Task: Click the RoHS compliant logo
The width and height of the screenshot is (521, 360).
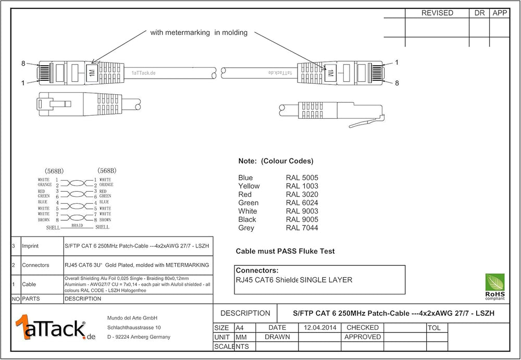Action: pyautogui.click(x=495, y=287)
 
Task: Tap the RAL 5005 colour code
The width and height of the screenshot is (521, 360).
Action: pyautogui.click(x=302, y=178)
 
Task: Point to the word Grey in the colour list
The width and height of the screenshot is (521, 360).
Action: pyautogui.click(x=246, y=228)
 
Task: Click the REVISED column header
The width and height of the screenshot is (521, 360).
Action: pyautogui.click(x=437, y=13)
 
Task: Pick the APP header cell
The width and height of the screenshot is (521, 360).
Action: pyautogui.click(x=500, y=13)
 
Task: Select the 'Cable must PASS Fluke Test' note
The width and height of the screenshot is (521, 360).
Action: pyautogui.click(x=285, y=251)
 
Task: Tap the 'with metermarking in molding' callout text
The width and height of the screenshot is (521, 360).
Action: pyautogui.click(x=199, y=32)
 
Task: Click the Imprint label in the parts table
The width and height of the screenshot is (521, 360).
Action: pyautogui.click(x=32, y=246)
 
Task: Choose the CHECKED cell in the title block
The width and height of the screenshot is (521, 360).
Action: pyautogui.click(x=363, y=328)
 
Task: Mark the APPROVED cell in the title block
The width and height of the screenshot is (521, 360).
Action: pyautogui.click(x=363, y=337)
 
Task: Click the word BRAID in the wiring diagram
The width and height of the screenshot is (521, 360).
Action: pyautogui.click(x=77, y=225)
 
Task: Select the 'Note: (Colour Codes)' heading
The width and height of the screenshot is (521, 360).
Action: pyautogui.click(x=276, y=161)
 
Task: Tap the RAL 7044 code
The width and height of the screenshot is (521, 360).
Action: pyautogui.click(x=302, y=228)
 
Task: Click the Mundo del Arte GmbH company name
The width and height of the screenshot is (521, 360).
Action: pyautogui.click(x=132, y=318)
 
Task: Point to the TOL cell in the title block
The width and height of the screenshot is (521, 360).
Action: pyautogui.click(x=434, y=328)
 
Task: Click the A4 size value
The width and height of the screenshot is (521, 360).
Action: pyautogui.click(x=240, y=328)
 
